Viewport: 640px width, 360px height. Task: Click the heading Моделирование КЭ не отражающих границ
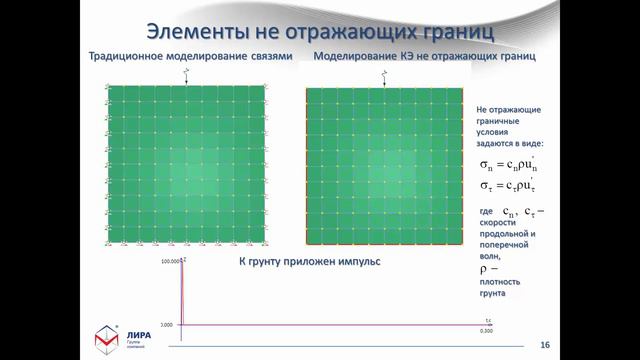(425, 58)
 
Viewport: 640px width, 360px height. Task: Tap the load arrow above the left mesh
(187, 77)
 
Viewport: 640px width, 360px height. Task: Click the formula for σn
(507, 165)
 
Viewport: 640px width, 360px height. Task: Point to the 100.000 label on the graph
(170, 261)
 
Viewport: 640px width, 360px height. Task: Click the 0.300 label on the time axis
(486, 331)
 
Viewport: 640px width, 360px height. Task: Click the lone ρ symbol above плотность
(481, 269)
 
